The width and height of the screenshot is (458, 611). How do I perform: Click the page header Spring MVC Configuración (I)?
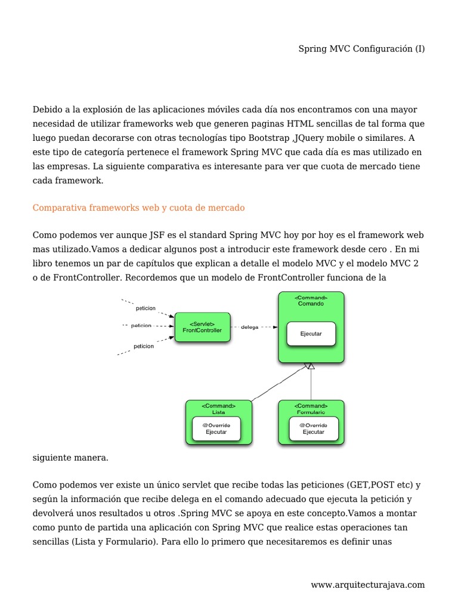coord(361,49)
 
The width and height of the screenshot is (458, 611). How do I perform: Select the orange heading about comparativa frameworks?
coord(139,208)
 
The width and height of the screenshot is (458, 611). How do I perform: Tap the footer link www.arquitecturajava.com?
coord(367,585)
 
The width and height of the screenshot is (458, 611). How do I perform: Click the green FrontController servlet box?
coord(202,327)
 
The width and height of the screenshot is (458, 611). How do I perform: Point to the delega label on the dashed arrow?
coord(250,327)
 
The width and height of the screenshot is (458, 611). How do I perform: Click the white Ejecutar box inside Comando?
coord(311,334)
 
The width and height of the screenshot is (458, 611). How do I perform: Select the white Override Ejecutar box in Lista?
coord(216,428)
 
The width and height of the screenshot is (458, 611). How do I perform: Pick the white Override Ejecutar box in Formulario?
coord(313,428)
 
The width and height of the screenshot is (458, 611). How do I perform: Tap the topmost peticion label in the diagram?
coord(146,308)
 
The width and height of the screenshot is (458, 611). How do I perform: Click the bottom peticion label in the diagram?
coord(144,345)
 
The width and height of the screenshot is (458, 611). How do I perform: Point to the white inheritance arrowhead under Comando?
coord(309,366)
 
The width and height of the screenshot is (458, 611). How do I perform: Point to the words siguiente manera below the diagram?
coord(70,458)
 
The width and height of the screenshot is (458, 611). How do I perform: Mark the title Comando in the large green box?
coord(311,304)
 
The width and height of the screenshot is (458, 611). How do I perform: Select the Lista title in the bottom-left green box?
coord(218,412)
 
